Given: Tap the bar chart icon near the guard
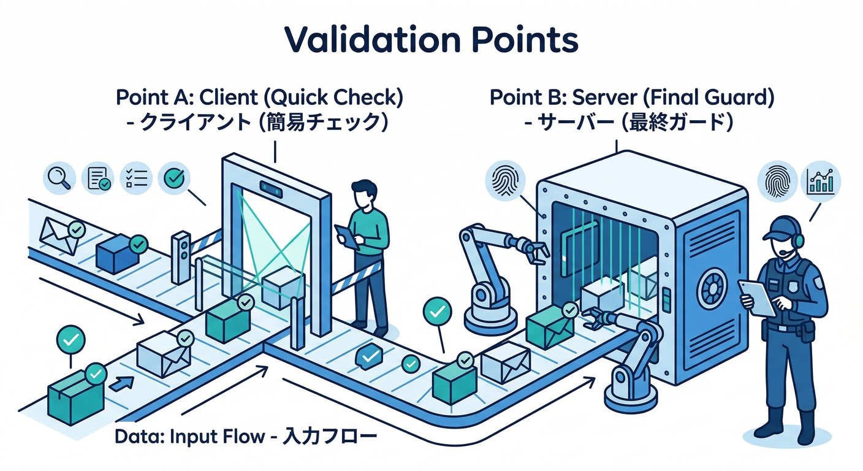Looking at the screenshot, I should point(821,182).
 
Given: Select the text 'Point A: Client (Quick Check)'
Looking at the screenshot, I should point(259,98).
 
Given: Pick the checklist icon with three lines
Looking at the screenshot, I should point(136,178).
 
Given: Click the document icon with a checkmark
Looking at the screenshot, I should point(97,178).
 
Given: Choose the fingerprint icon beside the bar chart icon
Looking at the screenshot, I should point(777,182).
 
